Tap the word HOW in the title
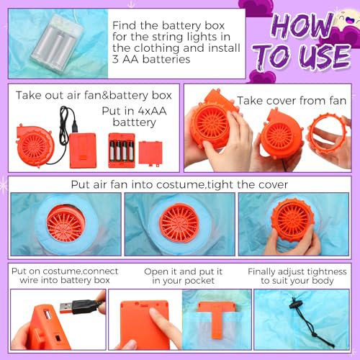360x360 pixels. pos(303,26)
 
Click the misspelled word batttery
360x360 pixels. pos(135,122)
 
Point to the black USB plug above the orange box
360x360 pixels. pos(75,127)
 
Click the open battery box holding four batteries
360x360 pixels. pos(122,150)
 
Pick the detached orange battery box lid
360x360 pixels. pos(150,153)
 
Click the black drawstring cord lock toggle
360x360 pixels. pos(294,305)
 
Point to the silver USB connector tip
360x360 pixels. pos(66,308)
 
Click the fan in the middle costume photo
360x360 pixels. pos(179,223)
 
